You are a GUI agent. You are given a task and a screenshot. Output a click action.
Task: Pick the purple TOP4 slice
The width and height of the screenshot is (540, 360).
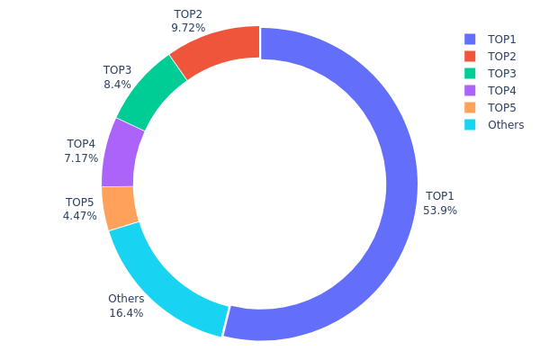pyautogui.click(x=118, y=153)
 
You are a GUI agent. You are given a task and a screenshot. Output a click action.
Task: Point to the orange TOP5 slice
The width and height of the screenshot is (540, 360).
pyautogui.click(x=119, y=207)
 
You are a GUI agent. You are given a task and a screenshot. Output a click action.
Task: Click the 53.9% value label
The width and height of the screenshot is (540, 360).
pyautogui.click(x=440, y=211)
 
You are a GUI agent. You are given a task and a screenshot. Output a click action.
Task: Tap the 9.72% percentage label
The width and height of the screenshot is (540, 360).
pyautogui.click(x=188, y=29)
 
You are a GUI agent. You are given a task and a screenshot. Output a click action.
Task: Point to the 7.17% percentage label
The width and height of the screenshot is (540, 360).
pyautogui.click(x=81, y=158)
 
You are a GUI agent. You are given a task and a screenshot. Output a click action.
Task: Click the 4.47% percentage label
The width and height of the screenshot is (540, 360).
pyautogui.click(x=80, y=216)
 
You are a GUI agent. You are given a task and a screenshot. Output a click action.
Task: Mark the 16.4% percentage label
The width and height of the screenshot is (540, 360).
pyautogui.click(x=126, y=313)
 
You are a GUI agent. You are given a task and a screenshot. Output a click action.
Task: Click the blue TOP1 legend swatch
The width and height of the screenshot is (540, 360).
pyautogui.click(x=470, y=40)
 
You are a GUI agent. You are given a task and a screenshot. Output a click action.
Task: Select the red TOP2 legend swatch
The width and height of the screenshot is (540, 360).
pyautogui.click(x=470, y=57)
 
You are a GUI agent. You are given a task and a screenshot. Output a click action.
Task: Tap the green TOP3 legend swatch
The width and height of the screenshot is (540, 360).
pyautogui.click(x=470, y=74)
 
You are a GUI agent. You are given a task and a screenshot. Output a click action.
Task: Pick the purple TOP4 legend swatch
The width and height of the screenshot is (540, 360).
pyautogui.click(x=470, y=91)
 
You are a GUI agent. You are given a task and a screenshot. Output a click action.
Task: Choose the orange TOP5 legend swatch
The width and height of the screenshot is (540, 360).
pyautogui.click(x=470, y=108)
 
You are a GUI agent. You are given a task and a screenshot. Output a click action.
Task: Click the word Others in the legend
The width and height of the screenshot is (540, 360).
pyautogui.click(x=506, y=125)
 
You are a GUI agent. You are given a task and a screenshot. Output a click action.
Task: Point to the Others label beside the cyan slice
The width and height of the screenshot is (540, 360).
pyautogui.click(x=126, y=299)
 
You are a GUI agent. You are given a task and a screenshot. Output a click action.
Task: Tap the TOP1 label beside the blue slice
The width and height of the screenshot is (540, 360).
pyautogui.click(x=440, y=196)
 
